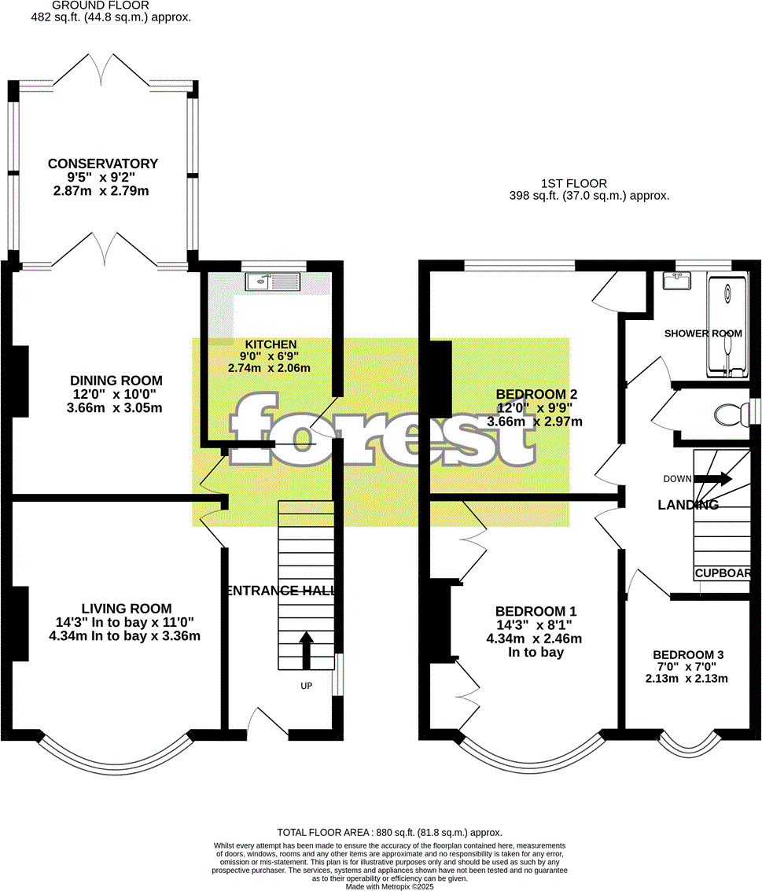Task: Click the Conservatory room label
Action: (x=103, y=164)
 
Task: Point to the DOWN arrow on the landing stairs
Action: (x=712, y=479)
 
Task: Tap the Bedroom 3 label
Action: (x=687, y=654)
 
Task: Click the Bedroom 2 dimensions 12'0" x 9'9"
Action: (x=535, y=408)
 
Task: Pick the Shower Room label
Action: (x=703, y=333)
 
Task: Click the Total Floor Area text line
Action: (x=389, y=832)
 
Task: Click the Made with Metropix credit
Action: (x=389, y=886)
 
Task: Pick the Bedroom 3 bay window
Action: (x=690, y=747)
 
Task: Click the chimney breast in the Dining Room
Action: (x=20, y=381)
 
